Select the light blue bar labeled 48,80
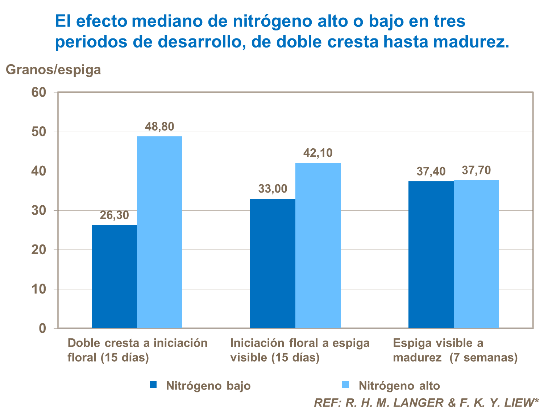159,232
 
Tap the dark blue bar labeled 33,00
273,263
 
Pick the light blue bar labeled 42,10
318,246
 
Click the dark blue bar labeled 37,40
431,255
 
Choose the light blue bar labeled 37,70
476,254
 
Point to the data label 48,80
159,127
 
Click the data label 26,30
114,215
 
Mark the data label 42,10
318,153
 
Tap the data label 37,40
431,172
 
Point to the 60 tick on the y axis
39,92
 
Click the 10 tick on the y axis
39,289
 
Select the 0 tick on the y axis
42,329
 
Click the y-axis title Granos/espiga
54,70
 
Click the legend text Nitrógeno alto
399,386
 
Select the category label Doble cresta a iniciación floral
137,350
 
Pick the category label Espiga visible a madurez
455,350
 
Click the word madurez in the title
471,42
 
